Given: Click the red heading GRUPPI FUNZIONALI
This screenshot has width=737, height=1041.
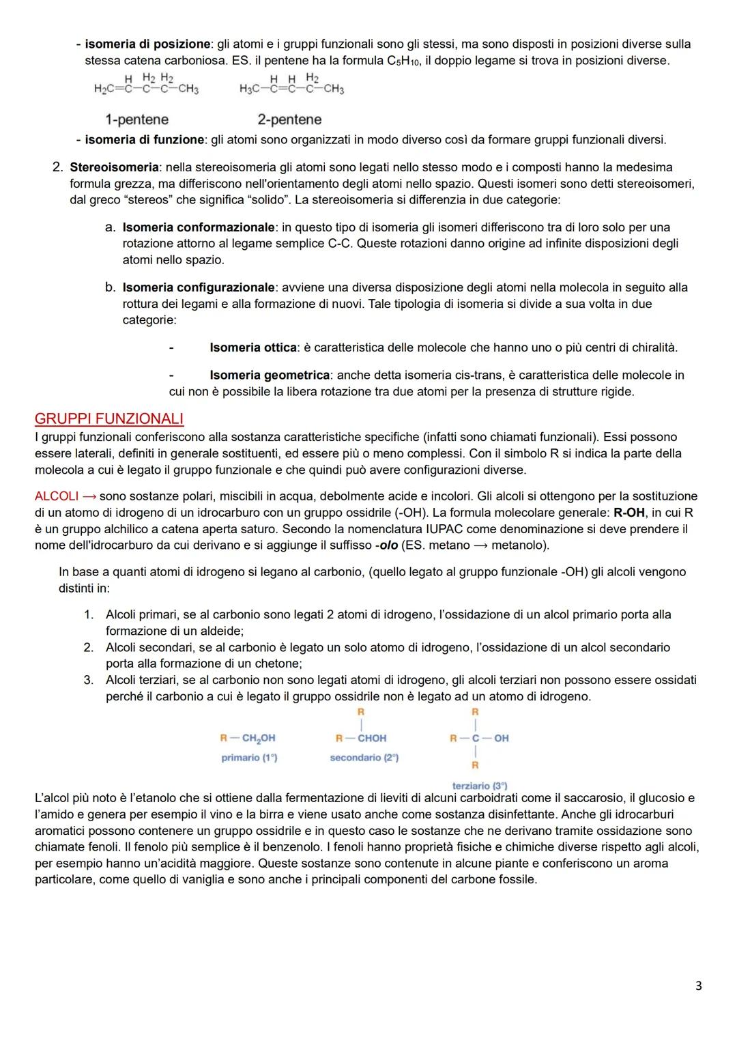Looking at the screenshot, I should tap(109, 418).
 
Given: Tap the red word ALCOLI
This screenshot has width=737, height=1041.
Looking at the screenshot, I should tap(56, 496).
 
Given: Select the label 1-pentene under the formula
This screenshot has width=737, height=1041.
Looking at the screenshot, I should tap(136, 119).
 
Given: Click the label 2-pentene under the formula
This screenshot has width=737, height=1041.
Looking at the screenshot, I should tap(289, 119).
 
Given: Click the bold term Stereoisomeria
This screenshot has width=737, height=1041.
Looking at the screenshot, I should tap(114, 167).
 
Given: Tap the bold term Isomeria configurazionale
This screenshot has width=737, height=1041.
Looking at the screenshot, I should tap(199, 287).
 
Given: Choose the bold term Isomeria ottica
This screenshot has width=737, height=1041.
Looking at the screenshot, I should tap(253, 347).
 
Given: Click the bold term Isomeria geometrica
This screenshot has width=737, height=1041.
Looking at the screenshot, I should tap(270, 375).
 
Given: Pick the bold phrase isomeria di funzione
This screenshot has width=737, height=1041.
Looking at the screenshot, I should tap(144, 140).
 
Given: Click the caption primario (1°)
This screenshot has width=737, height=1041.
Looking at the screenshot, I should tap(249, 758).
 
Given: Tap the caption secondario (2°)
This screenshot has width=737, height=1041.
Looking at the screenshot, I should tap(364, 758).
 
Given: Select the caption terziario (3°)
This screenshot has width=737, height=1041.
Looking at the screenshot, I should tap(479, 786).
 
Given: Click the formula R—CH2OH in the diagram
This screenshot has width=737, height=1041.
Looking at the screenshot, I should tap(248, 738).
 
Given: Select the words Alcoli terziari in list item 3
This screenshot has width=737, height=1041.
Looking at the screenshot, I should tap(141, 680).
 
